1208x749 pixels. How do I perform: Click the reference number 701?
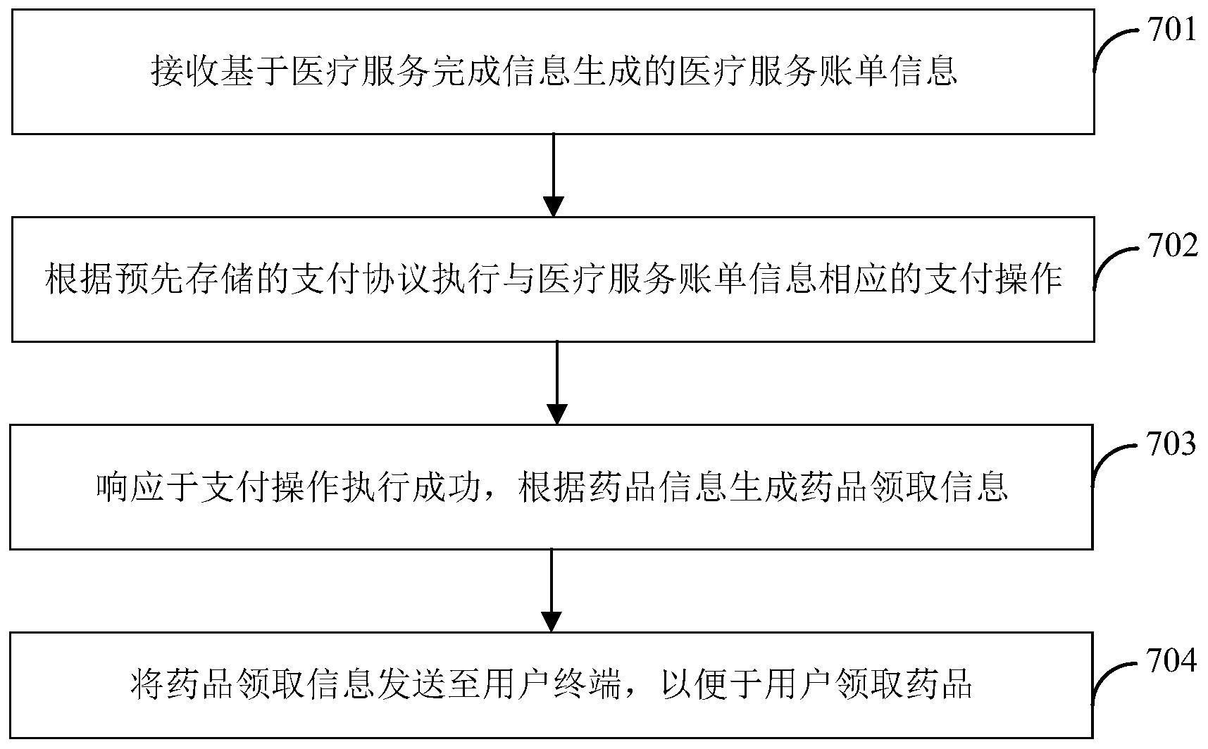click(1172, 31)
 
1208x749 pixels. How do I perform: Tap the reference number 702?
click(1172, 246)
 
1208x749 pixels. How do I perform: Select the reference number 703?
click(1172, 444)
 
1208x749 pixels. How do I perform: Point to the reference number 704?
click(1172, 661)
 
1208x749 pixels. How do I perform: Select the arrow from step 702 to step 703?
click(557, 383)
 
